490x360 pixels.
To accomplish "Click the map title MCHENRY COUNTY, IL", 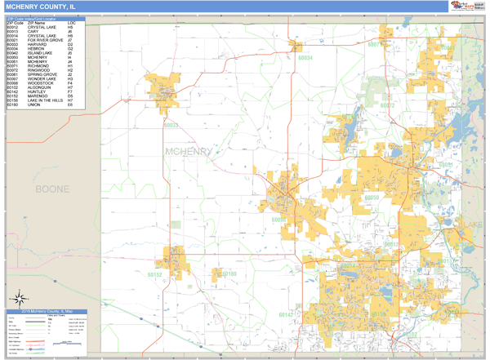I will (x=43, y=7).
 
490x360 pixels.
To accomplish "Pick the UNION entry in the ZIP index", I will (x=33, y=105).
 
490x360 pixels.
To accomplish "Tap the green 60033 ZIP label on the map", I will (x=171, y=125).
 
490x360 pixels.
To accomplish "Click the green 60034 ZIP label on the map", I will (x=305, y=59).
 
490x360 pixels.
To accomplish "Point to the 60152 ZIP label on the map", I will (x=156, y=275).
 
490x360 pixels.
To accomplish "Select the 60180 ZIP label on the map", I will (x=228, y=273).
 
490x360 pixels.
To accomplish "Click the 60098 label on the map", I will (x=279, y=220).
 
